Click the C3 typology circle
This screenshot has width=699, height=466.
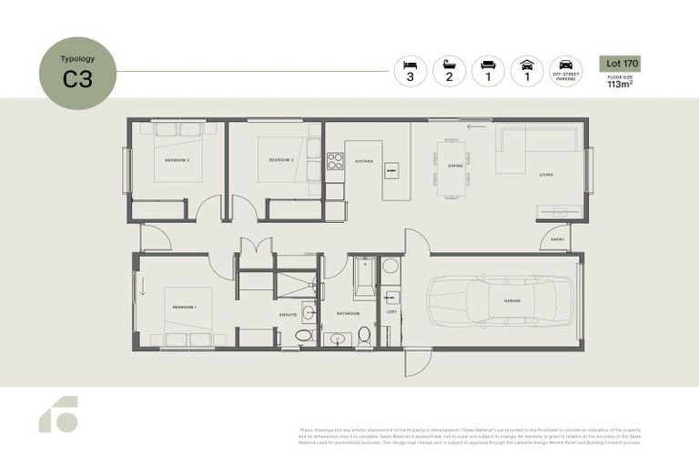(x=77, y=72)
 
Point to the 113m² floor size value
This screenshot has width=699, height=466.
(x=621, y=85)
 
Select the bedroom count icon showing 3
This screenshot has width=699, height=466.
(x=410, y=71)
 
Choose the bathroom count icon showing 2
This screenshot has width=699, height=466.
(x=449, y=71)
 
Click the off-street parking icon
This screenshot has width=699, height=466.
(x=565, y=71)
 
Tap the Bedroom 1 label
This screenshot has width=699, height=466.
(x=184, y=308)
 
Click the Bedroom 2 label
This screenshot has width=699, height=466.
(x=280, y=159)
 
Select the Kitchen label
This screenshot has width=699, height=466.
(x=364, y=161)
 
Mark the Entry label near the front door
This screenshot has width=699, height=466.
(x=555, y=240)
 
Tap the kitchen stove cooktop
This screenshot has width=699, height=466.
(x=334, y=162)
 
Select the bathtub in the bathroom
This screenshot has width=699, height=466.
(x=363, y=278)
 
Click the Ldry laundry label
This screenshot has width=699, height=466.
(x=391, y=313)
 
